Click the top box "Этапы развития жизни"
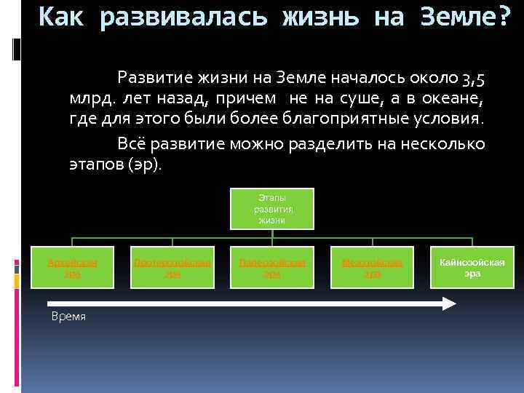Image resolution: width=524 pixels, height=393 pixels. point(273,208)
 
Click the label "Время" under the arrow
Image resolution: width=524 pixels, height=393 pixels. point(68,317)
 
